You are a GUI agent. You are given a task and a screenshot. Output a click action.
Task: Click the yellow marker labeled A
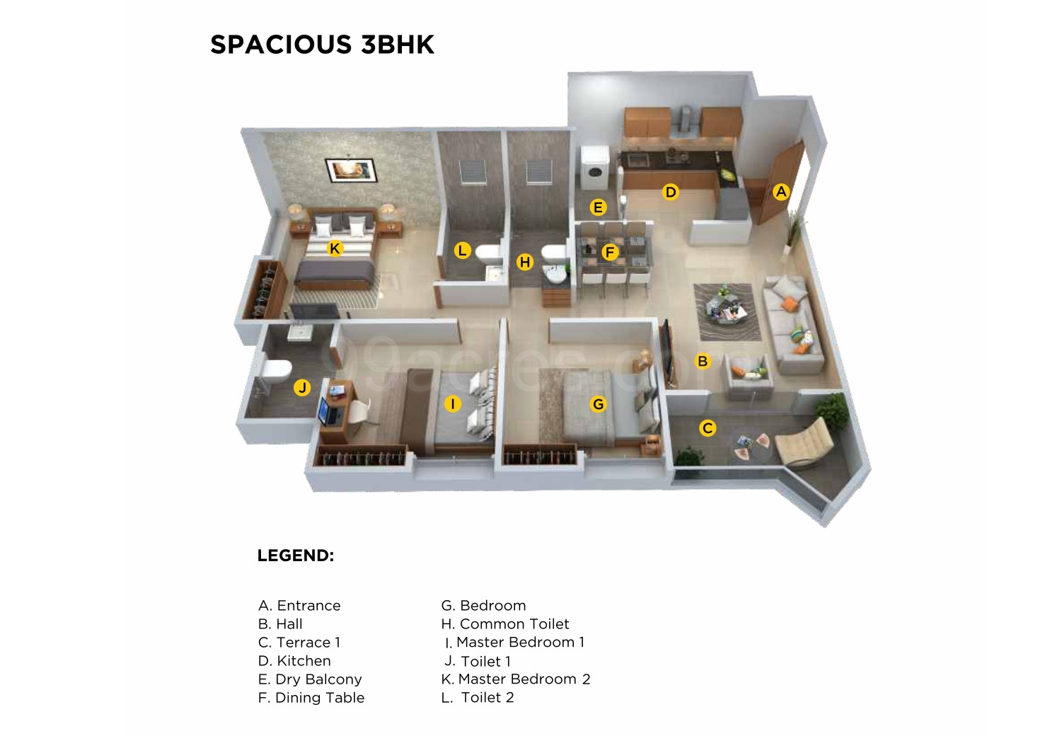781,192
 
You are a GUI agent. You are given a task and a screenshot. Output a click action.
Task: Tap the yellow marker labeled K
335,248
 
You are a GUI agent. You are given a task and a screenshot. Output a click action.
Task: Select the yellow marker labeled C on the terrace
708,428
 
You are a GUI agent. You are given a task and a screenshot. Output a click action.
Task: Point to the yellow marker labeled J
302,387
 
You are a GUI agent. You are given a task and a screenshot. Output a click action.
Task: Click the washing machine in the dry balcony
595,168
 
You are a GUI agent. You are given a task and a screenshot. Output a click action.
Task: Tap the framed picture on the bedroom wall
352,170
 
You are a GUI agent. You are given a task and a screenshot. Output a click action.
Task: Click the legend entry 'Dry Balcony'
310,679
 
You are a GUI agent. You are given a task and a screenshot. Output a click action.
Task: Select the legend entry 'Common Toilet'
505,623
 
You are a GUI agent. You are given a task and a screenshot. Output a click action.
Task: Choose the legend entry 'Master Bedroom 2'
516,679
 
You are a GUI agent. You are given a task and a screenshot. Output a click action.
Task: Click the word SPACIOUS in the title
281,45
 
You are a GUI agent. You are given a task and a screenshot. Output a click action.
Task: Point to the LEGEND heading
296,556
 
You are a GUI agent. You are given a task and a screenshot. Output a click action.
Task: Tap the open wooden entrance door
780,183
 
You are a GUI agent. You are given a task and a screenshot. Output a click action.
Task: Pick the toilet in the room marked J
274,372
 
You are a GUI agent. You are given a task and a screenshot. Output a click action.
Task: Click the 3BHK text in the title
398,45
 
